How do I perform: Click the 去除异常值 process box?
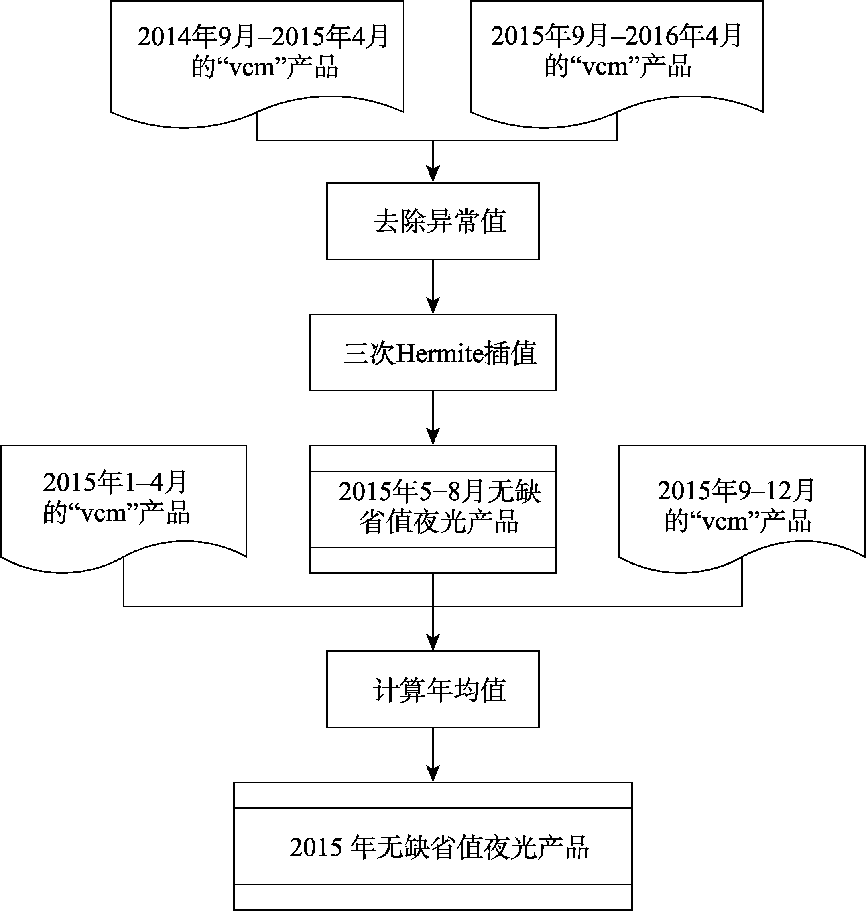coord(433,221)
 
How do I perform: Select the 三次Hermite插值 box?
coord(433,352)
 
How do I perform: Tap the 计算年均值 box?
coord(433,689)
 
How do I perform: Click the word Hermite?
coord(439,354)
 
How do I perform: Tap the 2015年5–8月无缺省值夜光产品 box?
coord(433,509)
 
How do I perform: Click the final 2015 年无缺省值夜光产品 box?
coord(433,846)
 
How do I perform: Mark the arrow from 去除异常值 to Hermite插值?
coord(433,287)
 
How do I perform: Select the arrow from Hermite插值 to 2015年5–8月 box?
coord(433,418)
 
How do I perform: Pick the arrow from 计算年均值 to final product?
coord(433,755)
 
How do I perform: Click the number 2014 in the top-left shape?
coord(164,37)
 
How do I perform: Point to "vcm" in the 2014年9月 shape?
coord(252,67)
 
